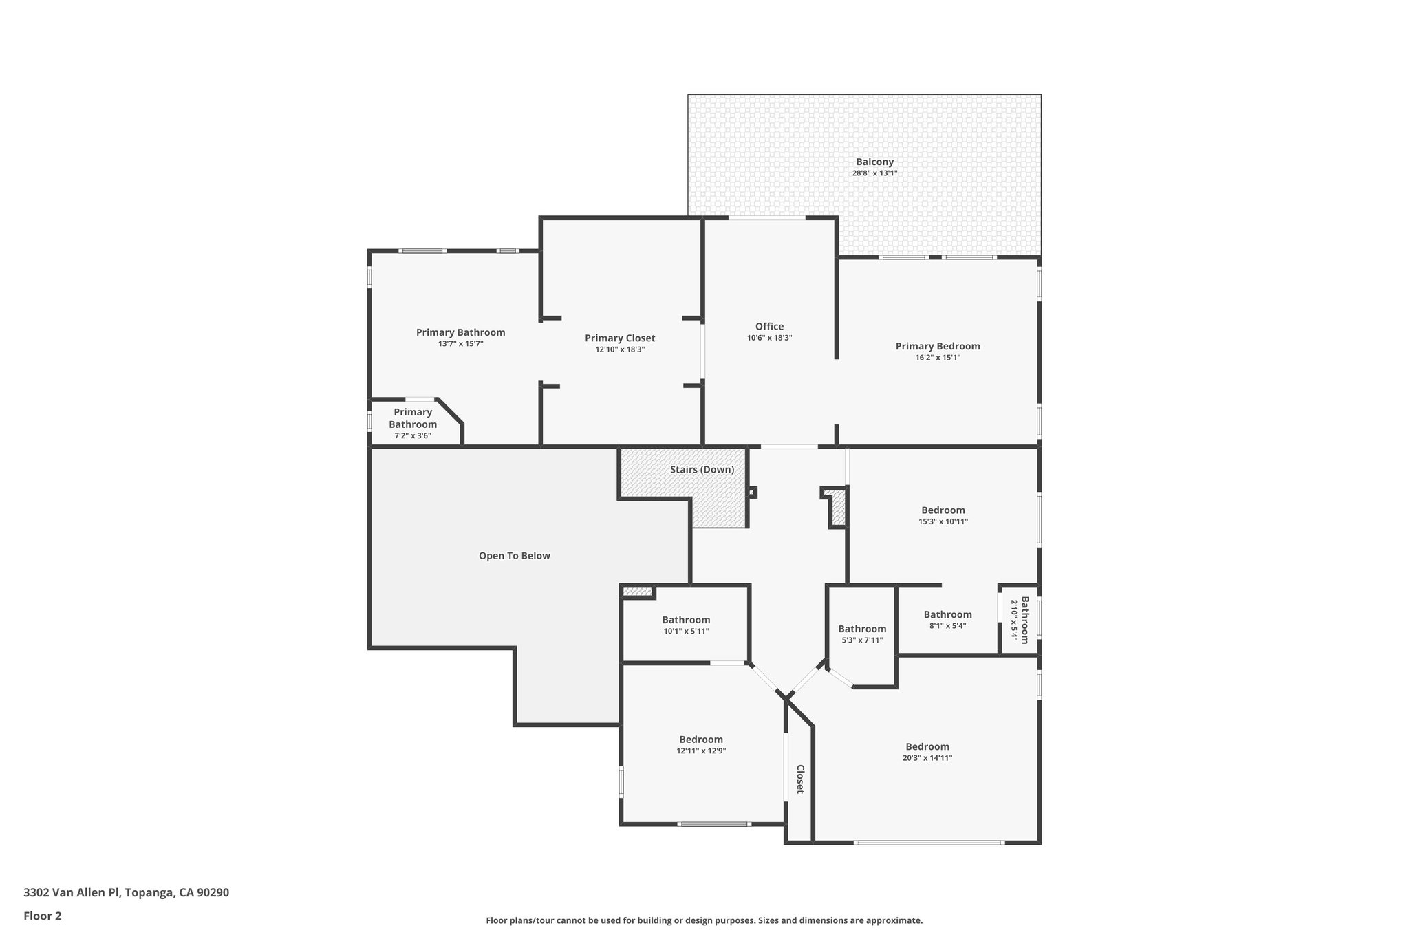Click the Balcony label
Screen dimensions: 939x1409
874,162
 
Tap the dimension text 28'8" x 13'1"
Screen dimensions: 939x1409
874,173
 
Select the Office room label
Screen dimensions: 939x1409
769,327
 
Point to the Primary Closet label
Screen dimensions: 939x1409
620,338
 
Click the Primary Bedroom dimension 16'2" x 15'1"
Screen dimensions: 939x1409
937,358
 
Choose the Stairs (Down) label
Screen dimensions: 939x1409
702,470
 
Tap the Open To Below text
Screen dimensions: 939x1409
514,556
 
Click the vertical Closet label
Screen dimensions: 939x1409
800,779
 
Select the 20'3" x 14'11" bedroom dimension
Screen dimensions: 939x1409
927,758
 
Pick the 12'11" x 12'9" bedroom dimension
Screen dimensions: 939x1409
701,751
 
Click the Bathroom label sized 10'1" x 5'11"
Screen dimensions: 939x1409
686,620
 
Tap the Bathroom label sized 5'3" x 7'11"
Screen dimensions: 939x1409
862,629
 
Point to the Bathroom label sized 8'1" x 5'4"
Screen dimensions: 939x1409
947,615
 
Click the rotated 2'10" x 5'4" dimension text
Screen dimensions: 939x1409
1013,620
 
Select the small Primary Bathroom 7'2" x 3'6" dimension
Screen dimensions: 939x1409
412,435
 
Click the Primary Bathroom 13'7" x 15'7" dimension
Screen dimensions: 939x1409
460,343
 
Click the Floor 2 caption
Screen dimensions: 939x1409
43,916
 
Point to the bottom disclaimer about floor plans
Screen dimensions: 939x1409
704,920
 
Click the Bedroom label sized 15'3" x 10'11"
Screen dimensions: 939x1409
943,510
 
